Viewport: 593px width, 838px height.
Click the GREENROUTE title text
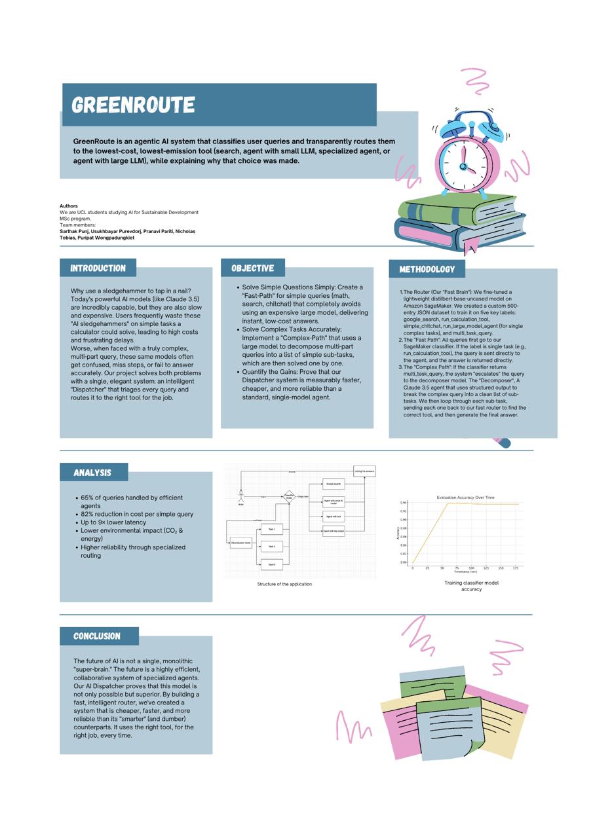point(133,105)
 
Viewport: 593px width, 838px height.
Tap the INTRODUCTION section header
point(98,268)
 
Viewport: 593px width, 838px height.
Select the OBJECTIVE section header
point(252,268)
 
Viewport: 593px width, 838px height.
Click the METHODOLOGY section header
point(427,269)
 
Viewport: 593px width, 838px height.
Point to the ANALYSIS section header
point(92,472)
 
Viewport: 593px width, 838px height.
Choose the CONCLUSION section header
point(97,636)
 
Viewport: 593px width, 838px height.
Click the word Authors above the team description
point(69,206)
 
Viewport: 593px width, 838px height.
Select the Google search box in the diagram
point(334,484)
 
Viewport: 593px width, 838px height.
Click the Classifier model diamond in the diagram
point(289,497)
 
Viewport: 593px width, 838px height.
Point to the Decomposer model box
point(240,543)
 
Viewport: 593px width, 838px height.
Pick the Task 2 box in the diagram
point(271,546)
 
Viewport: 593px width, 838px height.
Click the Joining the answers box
point(364,471)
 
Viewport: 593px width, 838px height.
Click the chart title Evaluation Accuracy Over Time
point(465,498)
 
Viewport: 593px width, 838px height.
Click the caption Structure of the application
point(284,584)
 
